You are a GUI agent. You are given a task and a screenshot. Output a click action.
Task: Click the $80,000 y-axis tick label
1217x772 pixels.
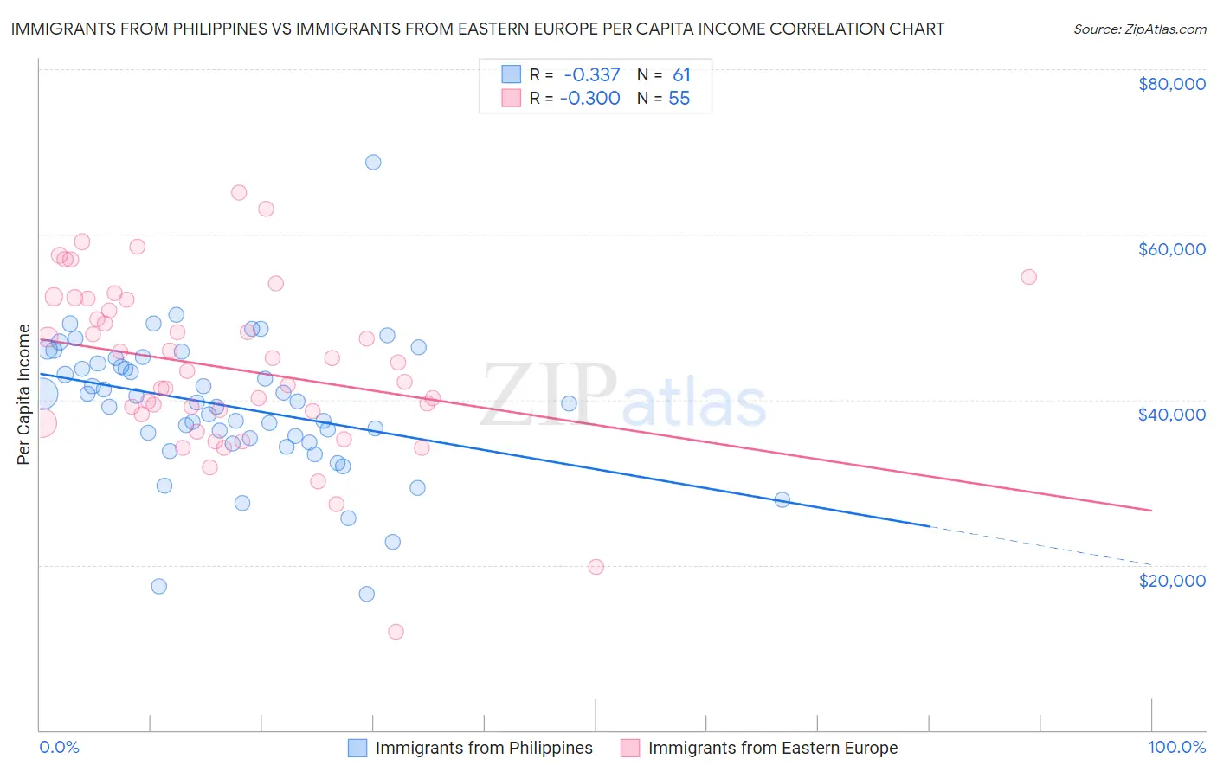click(1171, 84)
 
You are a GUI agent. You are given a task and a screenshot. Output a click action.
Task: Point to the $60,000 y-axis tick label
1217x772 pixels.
click(1171, 249)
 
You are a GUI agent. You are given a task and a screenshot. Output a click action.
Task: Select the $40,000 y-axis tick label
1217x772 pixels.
click(1171, 415)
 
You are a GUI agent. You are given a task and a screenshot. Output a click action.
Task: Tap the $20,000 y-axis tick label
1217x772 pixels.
click(1171, 580)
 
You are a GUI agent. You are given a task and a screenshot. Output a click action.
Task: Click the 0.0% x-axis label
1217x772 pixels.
click(59, 747)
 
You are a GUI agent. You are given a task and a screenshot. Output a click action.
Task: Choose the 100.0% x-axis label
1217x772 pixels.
click(1176, 747)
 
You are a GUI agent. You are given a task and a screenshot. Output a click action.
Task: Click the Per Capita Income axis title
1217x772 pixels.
click(24, 395)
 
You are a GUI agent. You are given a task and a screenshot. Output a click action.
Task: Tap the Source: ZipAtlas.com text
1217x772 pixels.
click(1139, 29)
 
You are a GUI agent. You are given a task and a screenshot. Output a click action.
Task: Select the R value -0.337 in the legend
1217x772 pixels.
click(591, 75)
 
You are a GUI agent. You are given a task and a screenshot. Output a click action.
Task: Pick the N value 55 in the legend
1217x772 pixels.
click(679, 99)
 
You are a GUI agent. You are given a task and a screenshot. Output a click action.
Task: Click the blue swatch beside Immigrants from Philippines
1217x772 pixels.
click(357, 748)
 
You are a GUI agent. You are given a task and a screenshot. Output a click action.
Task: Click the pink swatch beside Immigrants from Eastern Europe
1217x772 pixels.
click(630, 748)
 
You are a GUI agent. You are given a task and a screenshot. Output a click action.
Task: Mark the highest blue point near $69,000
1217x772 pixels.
click(373, 162)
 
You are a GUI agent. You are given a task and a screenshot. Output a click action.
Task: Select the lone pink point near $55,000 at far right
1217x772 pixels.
click(1028, 277)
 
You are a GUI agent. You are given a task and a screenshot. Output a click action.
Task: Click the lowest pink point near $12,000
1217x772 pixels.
click(396, 632)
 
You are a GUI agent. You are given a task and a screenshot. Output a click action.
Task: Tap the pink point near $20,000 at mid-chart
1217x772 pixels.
click(596, 567)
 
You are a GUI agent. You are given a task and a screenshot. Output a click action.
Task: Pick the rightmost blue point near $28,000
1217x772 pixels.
click(782, 499)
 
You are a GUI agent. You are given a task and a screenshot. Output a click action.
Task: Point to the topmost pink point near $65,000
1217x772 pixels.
click(239, 193)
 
